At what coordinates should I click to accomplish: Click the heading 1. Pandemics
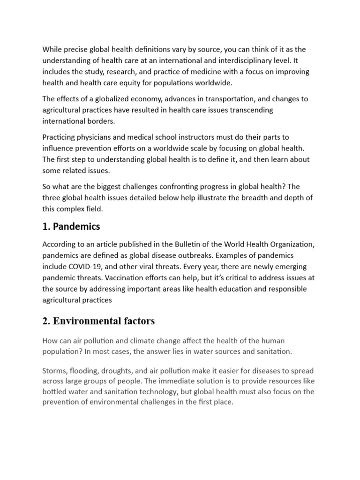(71, 227)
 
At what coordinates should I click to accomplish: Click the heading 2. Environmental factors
(98, 321)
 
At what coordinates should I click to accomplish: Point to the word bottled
(54, 391)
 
